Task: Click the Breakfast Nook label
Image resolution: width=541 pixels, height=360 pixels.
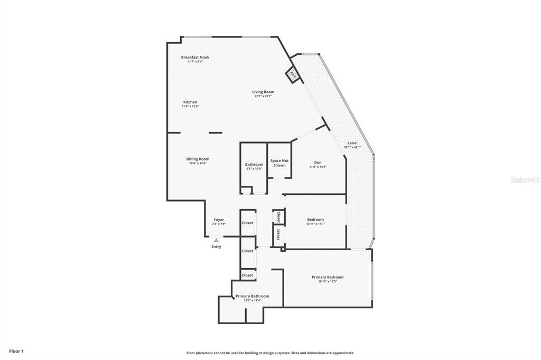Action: pyautogui.click(x=195, y=57)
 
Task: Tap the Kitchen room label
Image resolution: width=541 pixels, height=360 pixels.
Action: pyautogui.click(x=190, y=102)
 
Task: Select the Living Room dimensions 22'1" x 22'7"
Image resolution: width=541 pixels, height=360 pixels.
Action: pyautogui.click(x=263, y=96)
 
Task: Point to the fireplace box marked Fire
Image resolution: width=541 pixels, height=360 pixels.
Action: pyautogui.click(x=292, y=75)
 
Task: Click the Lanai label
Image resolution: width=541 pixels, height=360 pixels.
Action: pyautogui.click(x=352, y=143)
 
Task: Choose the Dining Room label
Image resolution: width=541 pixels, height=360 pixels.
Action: pyautogui.click(x=198, y=159)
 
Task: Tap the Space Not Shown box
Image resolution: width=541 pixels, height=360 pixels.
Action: pyautogui.click(x=279, y=163)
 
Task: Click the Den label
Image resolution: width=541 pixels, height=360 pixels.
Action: pyautogui.click(x=318, y=163)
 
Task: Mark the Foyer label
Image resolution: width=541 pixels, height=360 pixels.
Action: pyautogui.click(x=219, y=220)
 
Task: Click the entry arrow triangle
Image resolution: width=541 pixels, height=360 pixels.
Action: pyautogui.click(x=216, y=240)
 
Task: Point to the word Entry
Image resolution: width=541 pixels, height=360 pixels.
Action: pyautogui.click(x=216, y=247)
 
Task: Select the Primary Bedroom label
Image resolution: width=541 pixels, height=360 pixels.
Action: pyautogui.click(x=327, y=277)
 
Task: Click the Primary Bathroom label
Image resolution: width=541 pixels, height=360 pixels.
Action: pyautogui.click(x=252, y=296)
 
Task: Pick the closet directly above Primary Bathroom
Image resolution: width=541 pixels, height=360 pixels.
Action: pyautogui.click(x=247, y=275)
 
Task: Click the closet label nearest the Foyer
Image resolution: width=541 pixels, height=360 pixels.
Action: pyautogui.click(x=247, y=223)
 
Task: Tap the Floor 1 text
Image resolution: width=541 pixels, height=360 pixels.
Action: pyautogui.click(x=16, y=351)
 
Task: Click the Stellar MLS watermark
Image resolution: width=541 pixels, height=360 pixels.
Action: pyautogui.click(x=524, y=180)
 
